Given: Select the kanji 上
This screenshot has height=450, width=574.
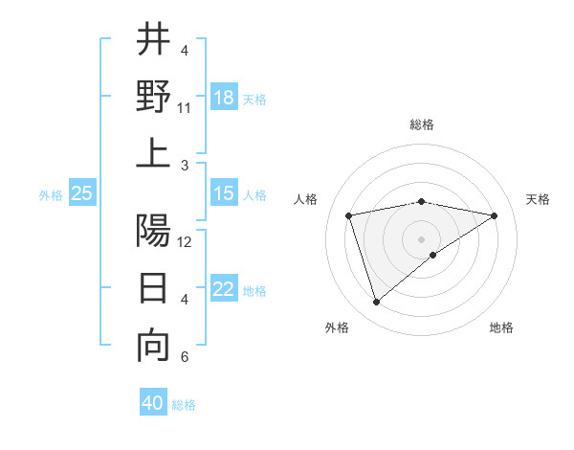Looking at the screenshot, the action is tap(153, 153).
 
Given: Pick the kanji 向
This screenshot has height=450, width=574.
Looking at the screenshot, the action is tap(153, 347).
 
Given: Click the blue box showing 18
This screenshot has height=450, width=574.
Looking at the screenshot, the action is tap(224, 97).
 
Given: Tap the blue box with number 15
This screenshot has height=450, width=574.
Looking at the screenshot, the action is tap(224, 193).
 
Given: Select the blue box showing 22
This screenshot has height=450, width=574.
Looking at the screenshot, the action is tap(224, 289).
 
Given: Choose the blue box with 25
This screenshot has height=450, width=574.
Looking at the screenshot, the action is tap(82, 193).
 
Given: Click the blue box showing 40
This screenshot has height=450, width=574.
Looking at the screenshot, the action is tap(153, 403).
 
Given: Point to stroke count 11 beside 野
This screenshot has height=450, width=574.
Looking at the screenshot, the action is tap(185, 108).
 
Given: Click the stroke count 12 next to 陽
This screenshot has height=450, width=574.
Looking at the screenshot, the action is tap(185, 242).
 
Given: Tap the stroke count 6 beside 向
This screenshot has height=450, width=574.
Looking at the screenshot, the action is tap(185, 358).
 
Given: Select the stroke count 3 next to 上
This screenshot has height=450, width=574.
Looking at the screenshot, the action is tap(185, 166).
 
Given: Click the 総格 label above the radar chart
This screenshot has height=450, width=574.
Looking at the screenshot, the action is tap(421, 125).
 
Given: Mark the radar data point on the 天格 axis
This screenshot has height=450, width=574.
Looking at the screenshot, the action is tap(495, 215).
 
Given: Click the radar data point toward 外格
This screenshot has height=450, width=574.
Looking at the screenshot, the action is tap(376, 302).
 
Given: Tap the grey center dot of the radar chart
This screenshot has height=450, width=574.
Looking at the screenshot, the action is tap(421, 238).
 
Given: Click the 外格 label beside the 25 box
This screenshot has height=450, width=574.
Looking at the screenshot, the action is tap(51, 194).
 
